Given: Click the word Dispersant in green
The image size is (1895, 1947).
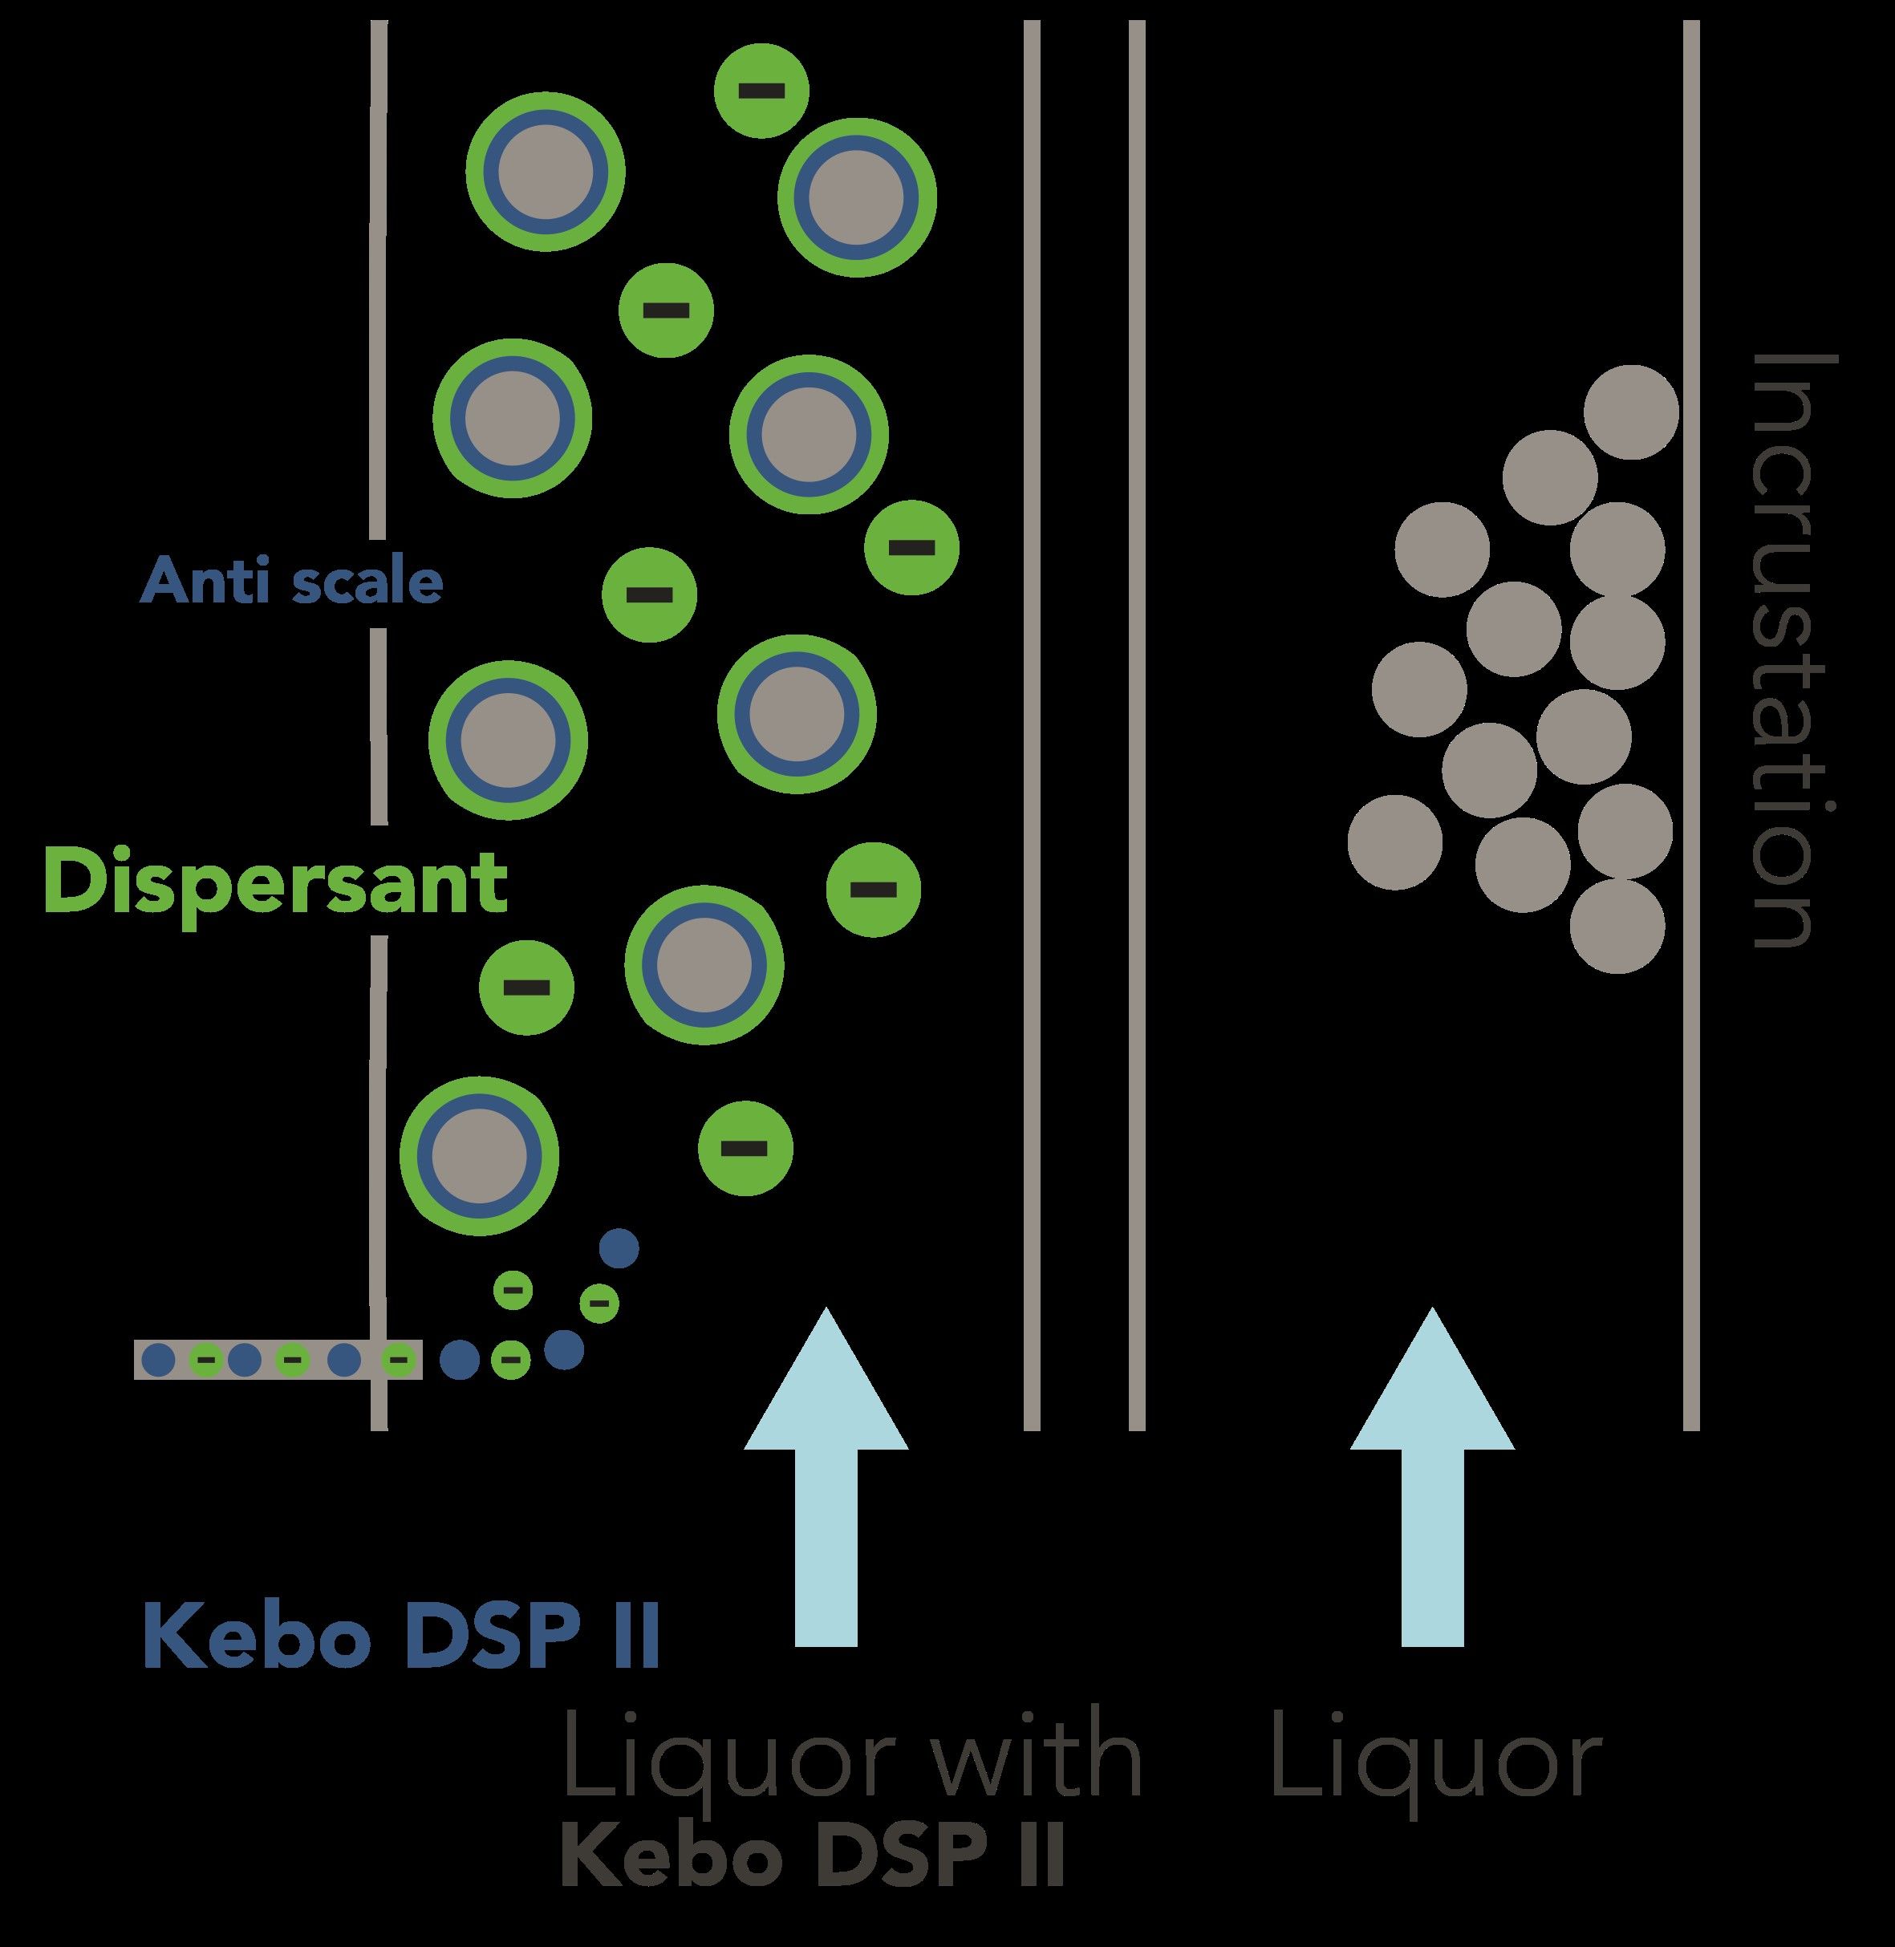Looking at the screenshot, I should pos(276,883).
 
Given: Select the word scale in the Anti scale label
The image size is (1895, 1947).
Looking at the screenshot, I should pos(368,582).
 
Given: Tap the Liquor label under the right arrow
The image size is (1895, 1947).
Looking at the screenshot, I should pos(1435,1760).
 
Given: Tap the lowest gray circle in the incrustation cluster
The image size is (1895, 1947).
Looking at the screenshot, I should pos(1617,926).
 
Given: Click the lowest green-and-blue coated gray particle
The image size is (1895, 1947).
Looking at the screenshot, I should pos(479,1154).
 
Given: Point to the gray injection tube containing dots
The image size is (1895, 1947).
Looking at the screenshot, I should pos(277,1359).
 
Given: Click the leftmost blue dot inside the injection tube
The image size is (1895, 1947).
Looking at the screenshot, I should pos(159,1359).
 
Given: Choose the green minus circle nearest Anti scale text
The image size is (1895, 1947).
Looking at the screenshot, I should pos(649,594).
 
